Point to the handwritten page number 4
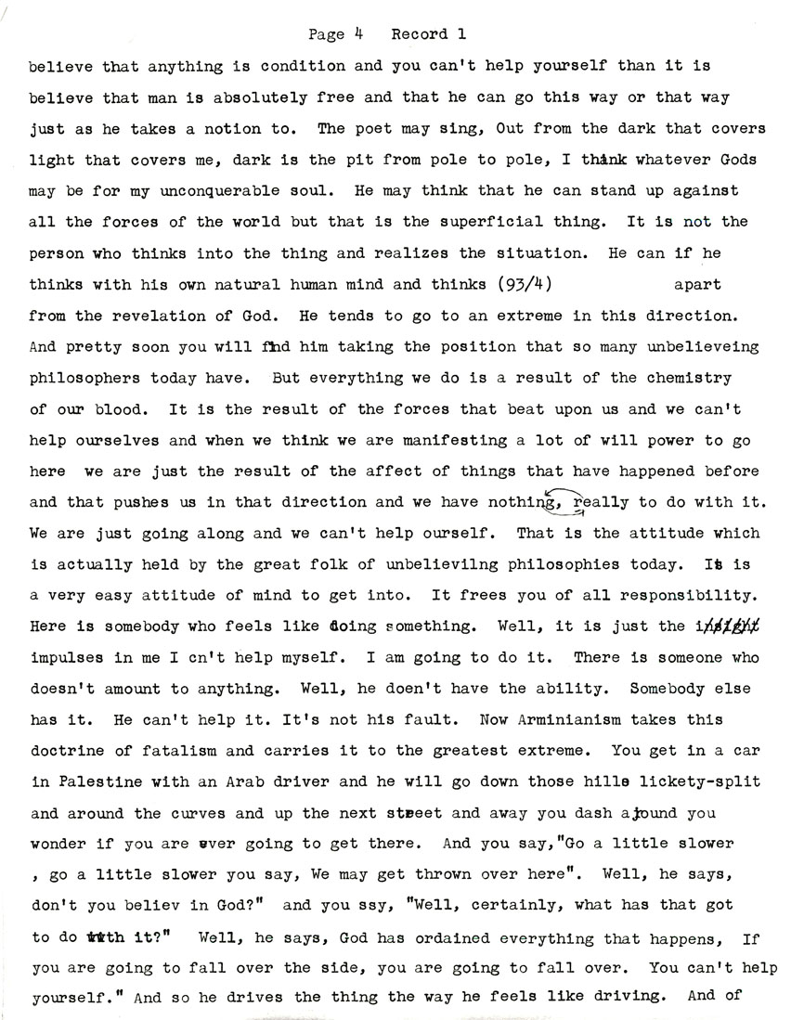[357, 33]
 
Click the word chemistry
[693, 378]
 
